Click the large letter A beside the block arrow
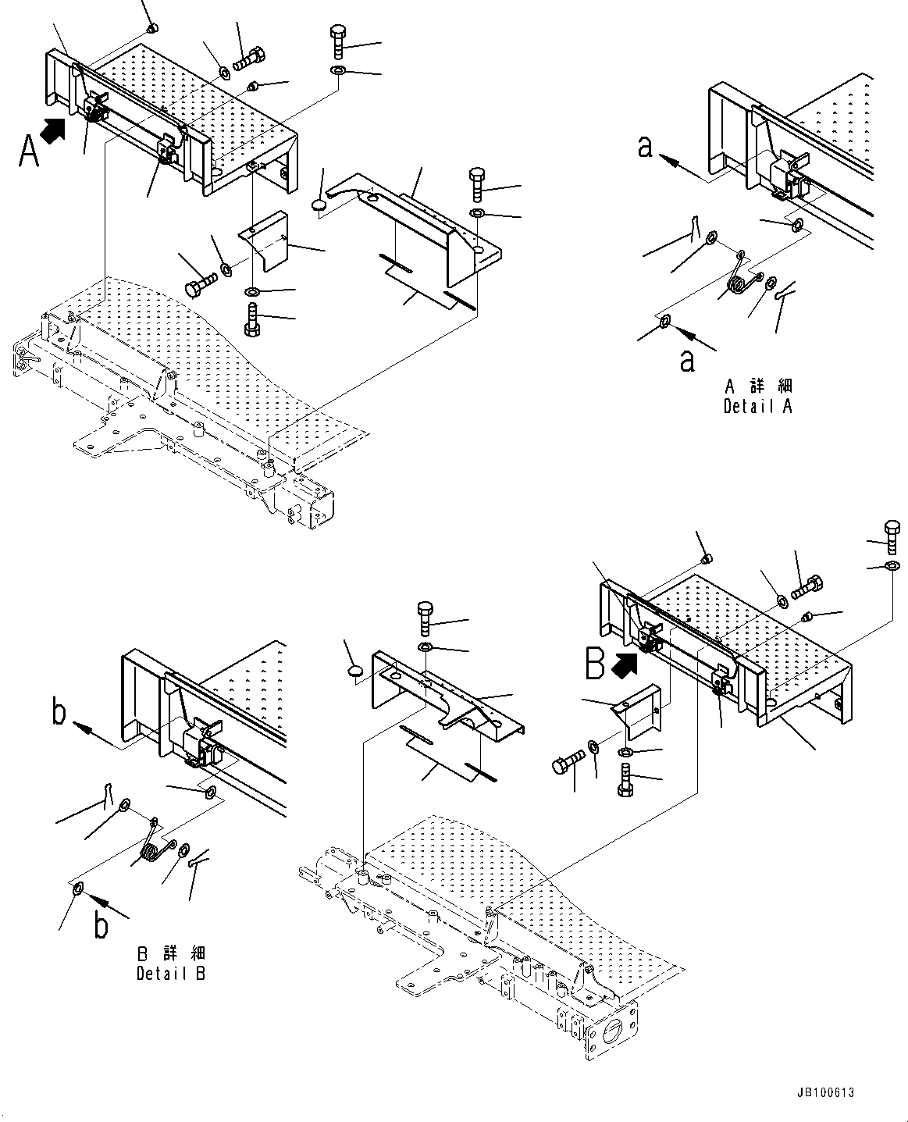28,151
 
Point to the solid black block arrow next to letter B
625,664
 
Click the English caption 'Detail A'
757,407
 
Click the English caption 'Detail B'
171,974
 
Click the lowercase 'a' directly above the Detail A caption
687,361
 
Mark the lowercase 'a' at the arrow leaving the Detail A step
645,146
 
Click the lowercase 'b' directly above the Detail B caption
101,926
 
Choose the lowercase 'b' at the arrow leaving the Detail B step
59,714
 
